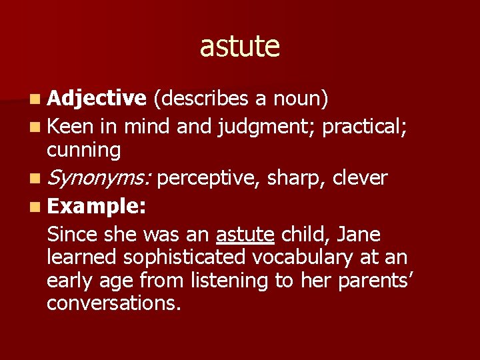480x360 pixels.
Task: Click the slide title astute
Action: click(239, 46)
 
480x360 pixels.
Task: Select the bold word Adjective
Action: click(97, 99)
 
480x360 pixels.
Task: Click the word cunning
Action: click(83, 151)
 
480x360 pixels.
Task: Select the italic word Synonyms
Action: click(99, 179)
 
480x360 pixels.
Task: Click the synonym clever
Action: click(359, 178)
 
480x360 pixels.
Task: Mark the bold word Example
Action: click(97, 206)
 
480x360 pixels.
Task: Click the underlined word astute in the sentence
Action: click(245, 235)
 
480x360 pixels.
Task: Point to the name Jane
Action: click(358, 235)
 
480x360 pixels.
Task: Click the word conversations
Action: click(114, 303)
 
